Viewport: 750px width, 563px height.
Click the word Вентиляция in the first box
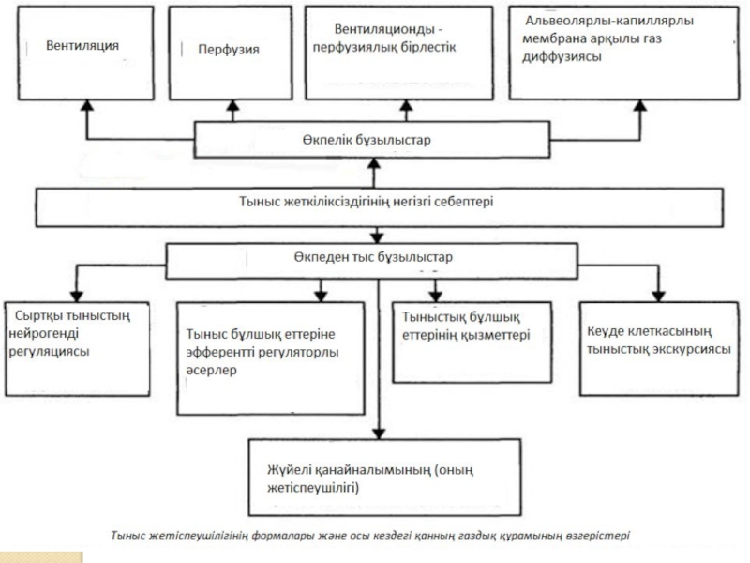point(82,45)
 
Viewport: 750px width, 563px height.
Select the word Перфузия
point(229,50)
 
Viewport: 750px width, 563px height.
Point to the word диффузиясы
point(562,57)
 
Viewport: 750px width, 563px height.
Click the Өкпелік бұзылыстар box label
point(367,140)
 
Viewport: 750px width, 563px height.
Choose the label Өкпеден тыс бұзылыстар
point(373,257)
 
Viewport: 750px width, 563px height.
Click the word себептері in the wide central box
point(463,202)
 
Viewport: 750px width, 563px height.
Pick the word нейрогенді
point(43,334)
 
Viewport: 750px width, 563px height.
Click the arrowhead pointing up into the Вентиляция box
point(86,105)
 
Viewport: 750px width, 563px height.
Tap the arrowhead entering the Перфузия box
point(232,105)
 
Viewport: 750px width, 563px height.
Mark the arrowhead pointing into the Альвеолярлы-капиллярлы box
point(640,105)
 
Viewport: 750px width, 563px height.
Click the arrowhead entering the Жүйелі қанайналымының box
point(379,434)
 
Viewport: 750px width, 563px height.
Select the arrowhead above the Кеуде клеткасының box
point(659,297)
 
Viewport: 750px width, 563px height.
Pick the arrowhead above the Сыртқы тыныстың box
point(77,297)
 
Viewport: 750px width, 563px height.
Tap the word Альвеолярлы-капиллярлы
point(609,21)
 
